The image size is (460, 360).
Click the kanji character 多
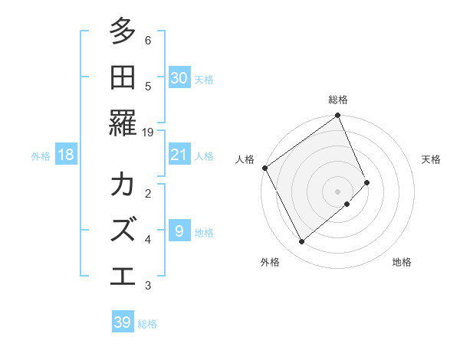[x=123, y=32]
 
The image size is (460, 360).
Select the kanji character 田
[x=123, y=77]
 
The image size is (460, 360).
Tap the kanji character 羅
[x=123, y=121]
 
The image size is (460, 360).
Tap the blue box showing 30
[x=179, y=77]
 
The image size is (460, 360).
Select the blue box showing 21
[x=179, y=155]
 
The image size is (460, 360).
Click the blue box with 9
[x=179, y=231]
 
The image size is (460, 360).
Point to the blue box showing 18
[x=66, y=155]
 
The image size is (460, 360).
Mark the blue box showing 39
[x=123, y=322]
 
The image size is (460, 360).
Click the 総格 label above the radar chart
[x=338, y=100]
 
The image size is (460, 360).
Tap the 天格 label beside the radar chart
[x=432, y=159]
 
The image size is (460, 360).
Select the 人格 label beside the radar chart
[x=245, y=159]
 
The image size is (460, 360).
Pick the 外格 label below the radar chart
[x=270, y=262]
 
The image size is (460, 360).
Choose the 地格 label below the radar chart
[x=402, y=262]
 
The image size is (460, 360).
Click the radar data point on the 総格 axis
[x=338, y=116]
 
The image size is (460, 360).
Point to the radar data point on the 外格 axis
[x=302, y=242]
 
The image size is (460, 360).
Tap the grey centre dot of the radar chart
[x=338, y=190]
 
